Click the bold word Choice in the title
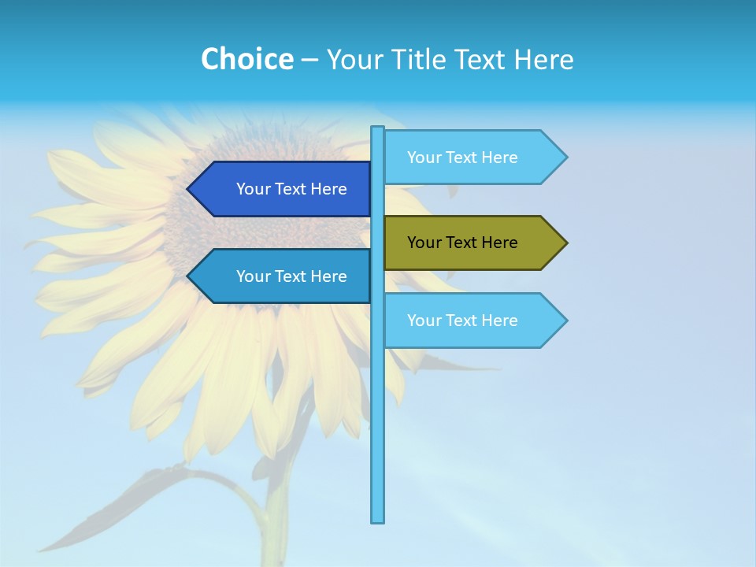point(246,59)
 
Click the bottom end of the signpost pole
point(378,519)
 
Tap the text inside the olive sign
point(462,243)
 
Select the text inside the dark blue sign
point(291,189)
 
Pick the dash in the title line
point(309,60)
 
